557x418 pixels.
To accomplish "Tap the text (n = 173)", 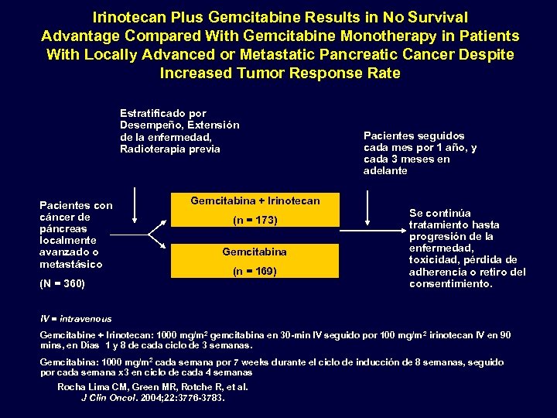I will coord(255,221).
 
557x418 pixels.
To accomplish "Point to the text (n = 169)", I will coord(255,272).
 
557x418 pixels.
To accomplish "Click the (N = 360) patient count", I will coord(63,284).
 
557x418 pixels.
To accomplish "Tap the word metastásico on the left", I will coord(70,264).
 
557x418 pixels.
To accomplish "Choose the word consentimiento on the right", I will coord(449,284).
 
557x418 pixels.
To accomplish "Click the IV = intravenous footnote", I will coord(76,319).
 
